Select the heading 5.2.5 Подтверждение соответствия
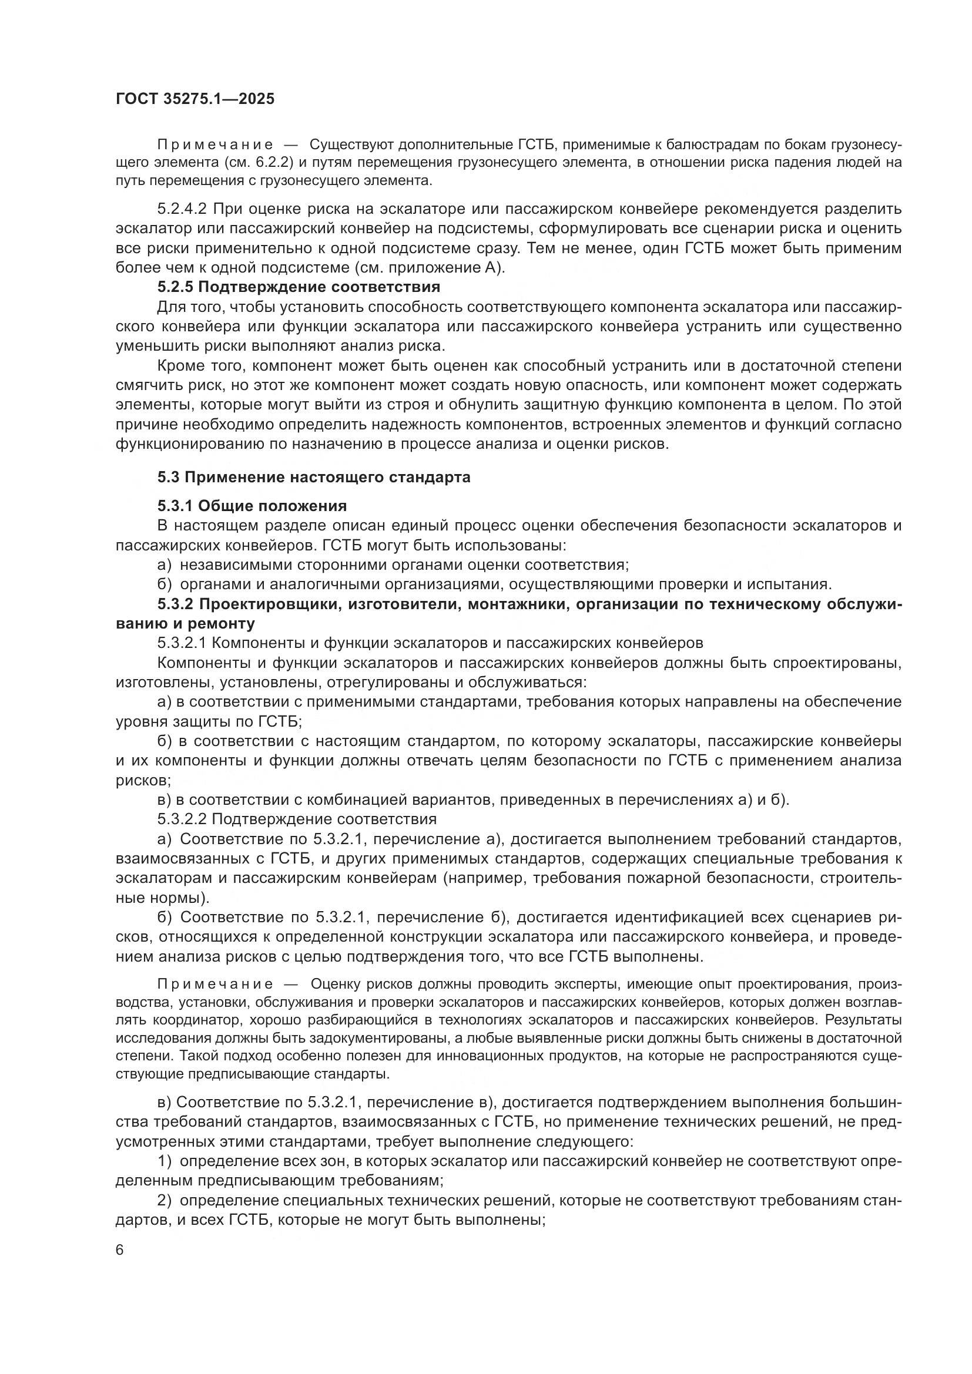[299, 287]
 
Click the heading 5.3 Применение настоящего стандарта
[314, 477]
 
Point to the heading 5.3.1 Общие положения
[252, 506]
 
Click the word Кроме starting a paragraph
[177, 365]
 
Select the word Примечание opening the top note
[215, 145]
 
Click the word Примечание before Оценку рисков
[215, 985]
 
